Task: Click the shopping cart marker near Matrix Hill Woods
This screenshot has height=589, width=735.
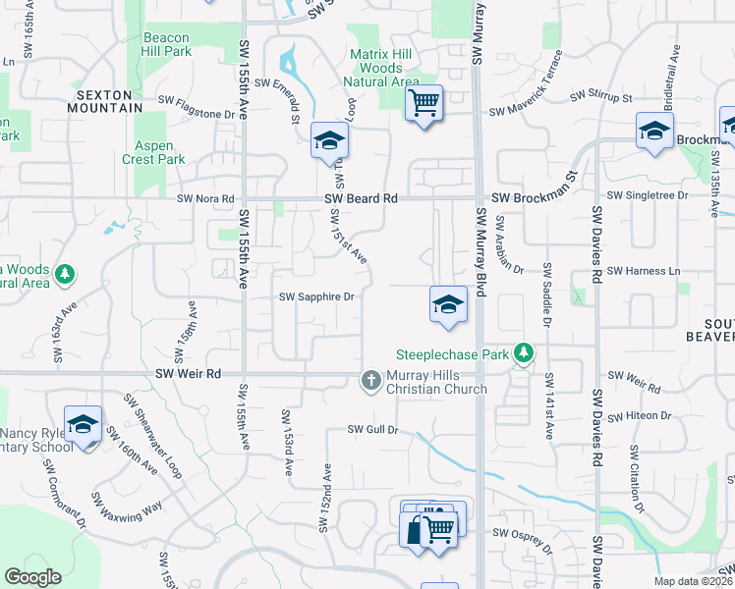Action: click(x=424, y=102)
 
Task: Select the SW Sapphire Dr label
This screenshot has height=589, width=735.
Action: click(x=316, y=296)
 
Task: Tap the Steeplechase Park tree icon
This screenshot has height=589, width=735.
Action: click(x=524, y=352)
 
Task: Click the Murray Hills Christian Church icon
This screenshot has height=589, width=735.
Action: click(x=371, y=380)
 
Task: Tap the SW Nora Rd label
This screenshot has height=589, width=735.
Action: click(x=206, y=198)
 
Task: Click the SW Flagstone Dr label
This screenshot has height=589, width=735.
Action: click(x=201, y=114)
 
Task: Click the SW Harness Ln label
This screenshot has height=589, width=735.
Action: click(x=644, y=270)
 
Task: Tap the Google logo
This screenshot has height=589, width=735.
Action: click(x=33, y=577)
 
